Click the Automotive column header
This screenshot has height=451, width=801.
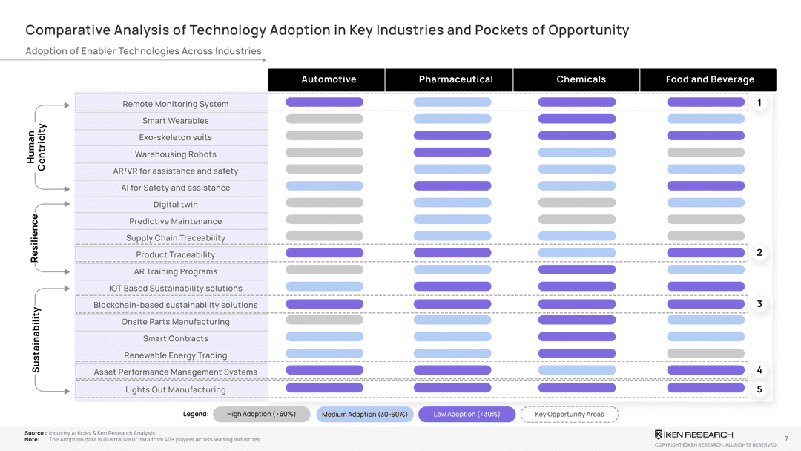[x=329, y=79]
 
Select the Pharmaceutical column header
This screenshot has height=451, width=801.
[x=455, y=79]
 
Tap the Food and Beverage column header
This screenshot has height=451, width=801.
[x=710, y=79]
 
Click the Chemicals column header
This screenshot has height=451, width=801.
[x=581, y=79]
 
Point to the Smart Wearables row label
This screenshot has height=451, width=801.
[x=176, y=121]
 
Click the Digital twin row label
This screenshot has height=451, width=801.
[x=176, y=205]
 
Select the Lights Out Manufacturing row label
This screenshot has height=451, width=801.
[x=176, y=389]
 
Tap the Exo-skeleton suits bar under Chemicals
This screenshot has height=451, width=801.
[x=576, y=136]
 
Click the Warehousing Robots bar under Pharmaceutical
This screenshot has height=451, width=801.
[x=452, y=152]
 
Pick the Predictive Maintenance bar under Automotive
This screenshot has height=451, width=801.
[x=324, y=220]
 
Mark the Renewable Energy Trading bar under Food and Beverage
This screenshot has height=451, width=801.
[x=705, y=354]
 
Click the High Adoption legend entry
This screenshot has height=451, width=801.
[x=261, y=414]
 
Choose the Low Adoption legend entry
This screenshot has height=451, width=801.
[x=467, y=414]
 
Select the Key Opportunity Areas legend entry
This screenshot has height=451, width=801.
[x=569, y=414]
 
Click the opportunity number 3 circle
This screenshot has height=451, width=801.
[x=759, y=304]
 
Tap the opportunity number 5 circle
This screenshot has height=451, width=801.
[x=759, y=389]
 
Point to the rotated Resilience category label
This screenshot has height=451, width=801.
[x=35, y=237]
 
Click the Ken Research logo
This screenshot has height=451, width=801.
[x=693, y=434]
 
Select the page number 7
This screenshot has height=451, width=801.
[x=786, y=438]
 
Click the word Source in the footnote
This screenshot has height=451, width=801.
[x=34, y=433]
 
